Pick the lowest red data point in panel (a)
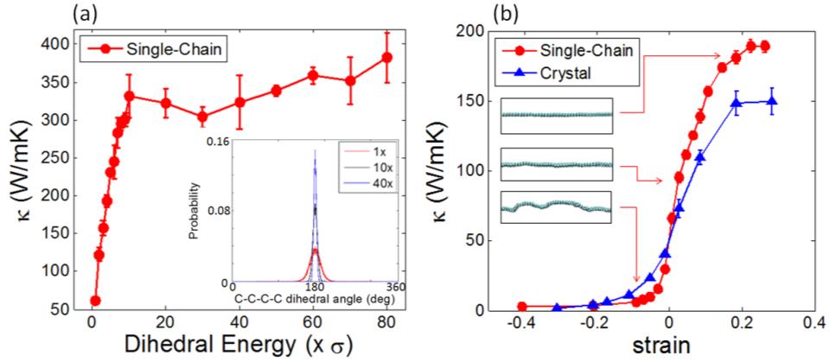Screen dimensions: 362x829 pos(94,301)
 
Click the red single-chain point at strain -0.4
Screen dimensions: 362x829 pos(522,307)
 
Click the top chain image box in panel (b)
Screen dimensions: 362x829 pos(557,115)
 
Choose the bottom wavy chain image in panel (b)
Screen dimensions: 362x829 pos(557,208)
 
